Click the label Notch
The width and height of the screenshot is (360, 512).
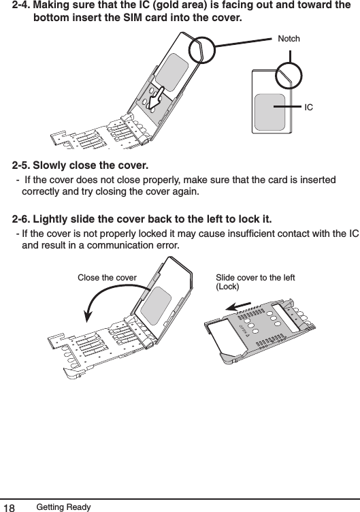point(289,39)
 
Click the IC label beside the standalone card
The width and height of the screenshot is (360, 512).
point(309,108)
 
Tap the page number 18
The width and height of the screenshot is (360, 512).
point(10,505)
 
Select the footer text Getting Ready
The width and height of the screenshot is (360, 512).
point(63,505)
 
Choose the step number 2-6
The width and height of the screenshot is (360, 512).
point(22,219)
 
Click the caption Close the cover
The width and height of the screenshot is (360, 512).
point(108,278)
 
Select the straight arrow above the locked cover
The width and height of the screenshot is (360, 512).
point(243,306)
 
